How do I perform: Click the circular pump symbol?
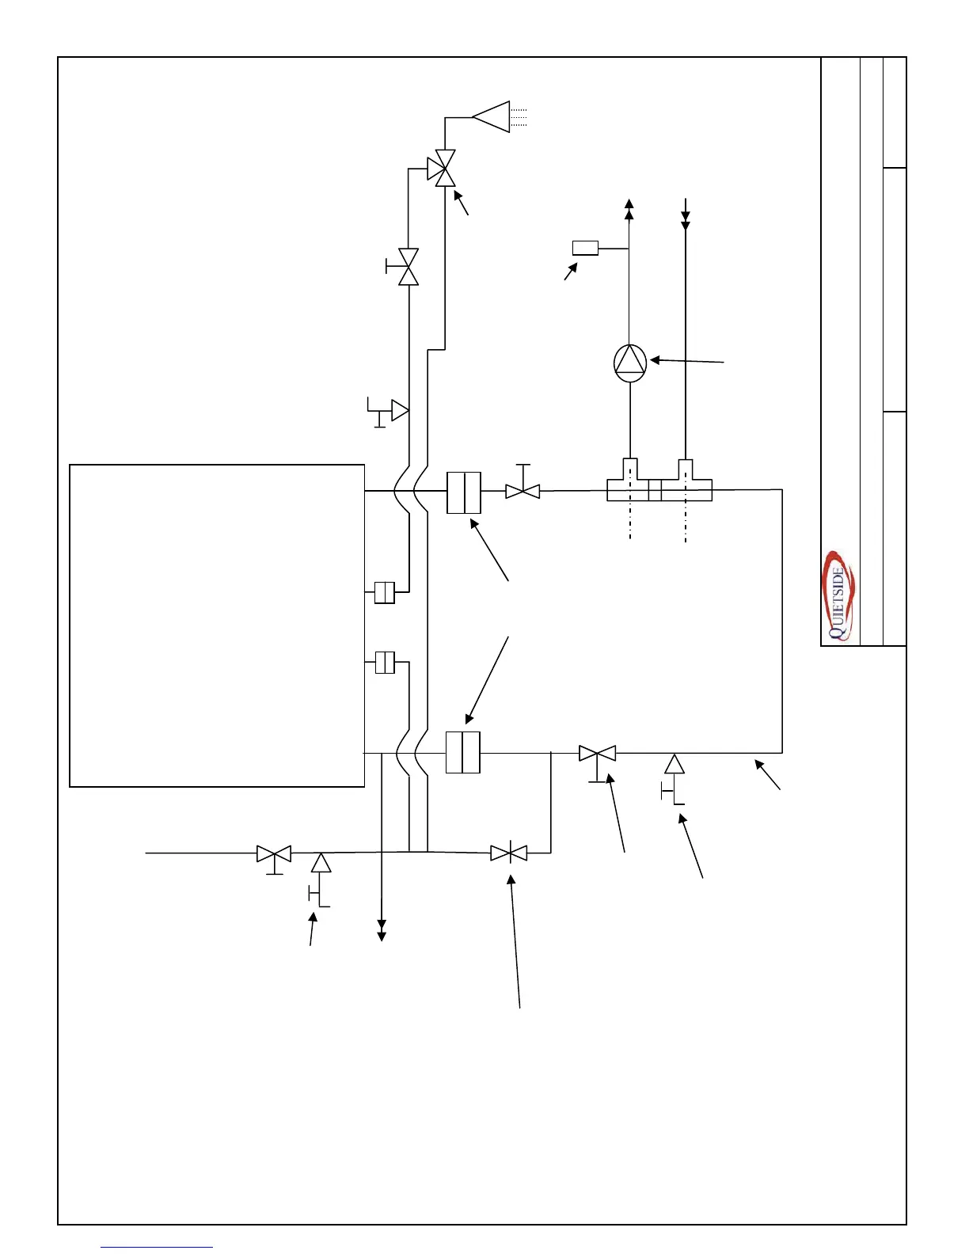pos(630,363)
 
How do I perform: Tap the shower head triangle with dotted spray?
pos(492,116)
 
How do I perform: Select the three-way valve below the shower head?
pos(441,168)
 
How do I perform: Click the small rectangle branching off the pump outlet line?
pos(585,248)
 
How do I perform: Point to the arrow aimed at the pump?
pos(686,361)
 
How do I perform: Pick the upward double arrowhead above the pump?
pos(629,208)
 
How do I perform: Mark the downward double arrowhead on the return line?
pos(686,219)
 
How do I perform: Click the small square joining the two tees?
pos(655,491)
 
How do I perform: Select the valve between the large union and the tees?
pos(522,491)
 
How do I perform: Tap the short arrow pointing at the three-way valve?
pos(462,203)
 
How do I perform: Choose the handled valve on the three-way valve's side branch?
pos(408,267)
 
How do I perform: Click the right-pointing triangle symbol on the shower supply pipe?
pos(400,411)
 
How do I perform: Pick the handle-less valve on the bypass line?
pos(508,853)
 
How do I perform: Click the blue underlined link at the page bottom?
pos(157,1248)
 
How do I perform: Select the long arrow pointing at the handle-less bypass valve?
pos(515,941)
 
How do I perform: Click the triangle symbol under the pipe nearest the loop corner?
pos(674,765)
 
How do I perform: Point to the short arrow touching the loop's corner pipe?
pos(768,775)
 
